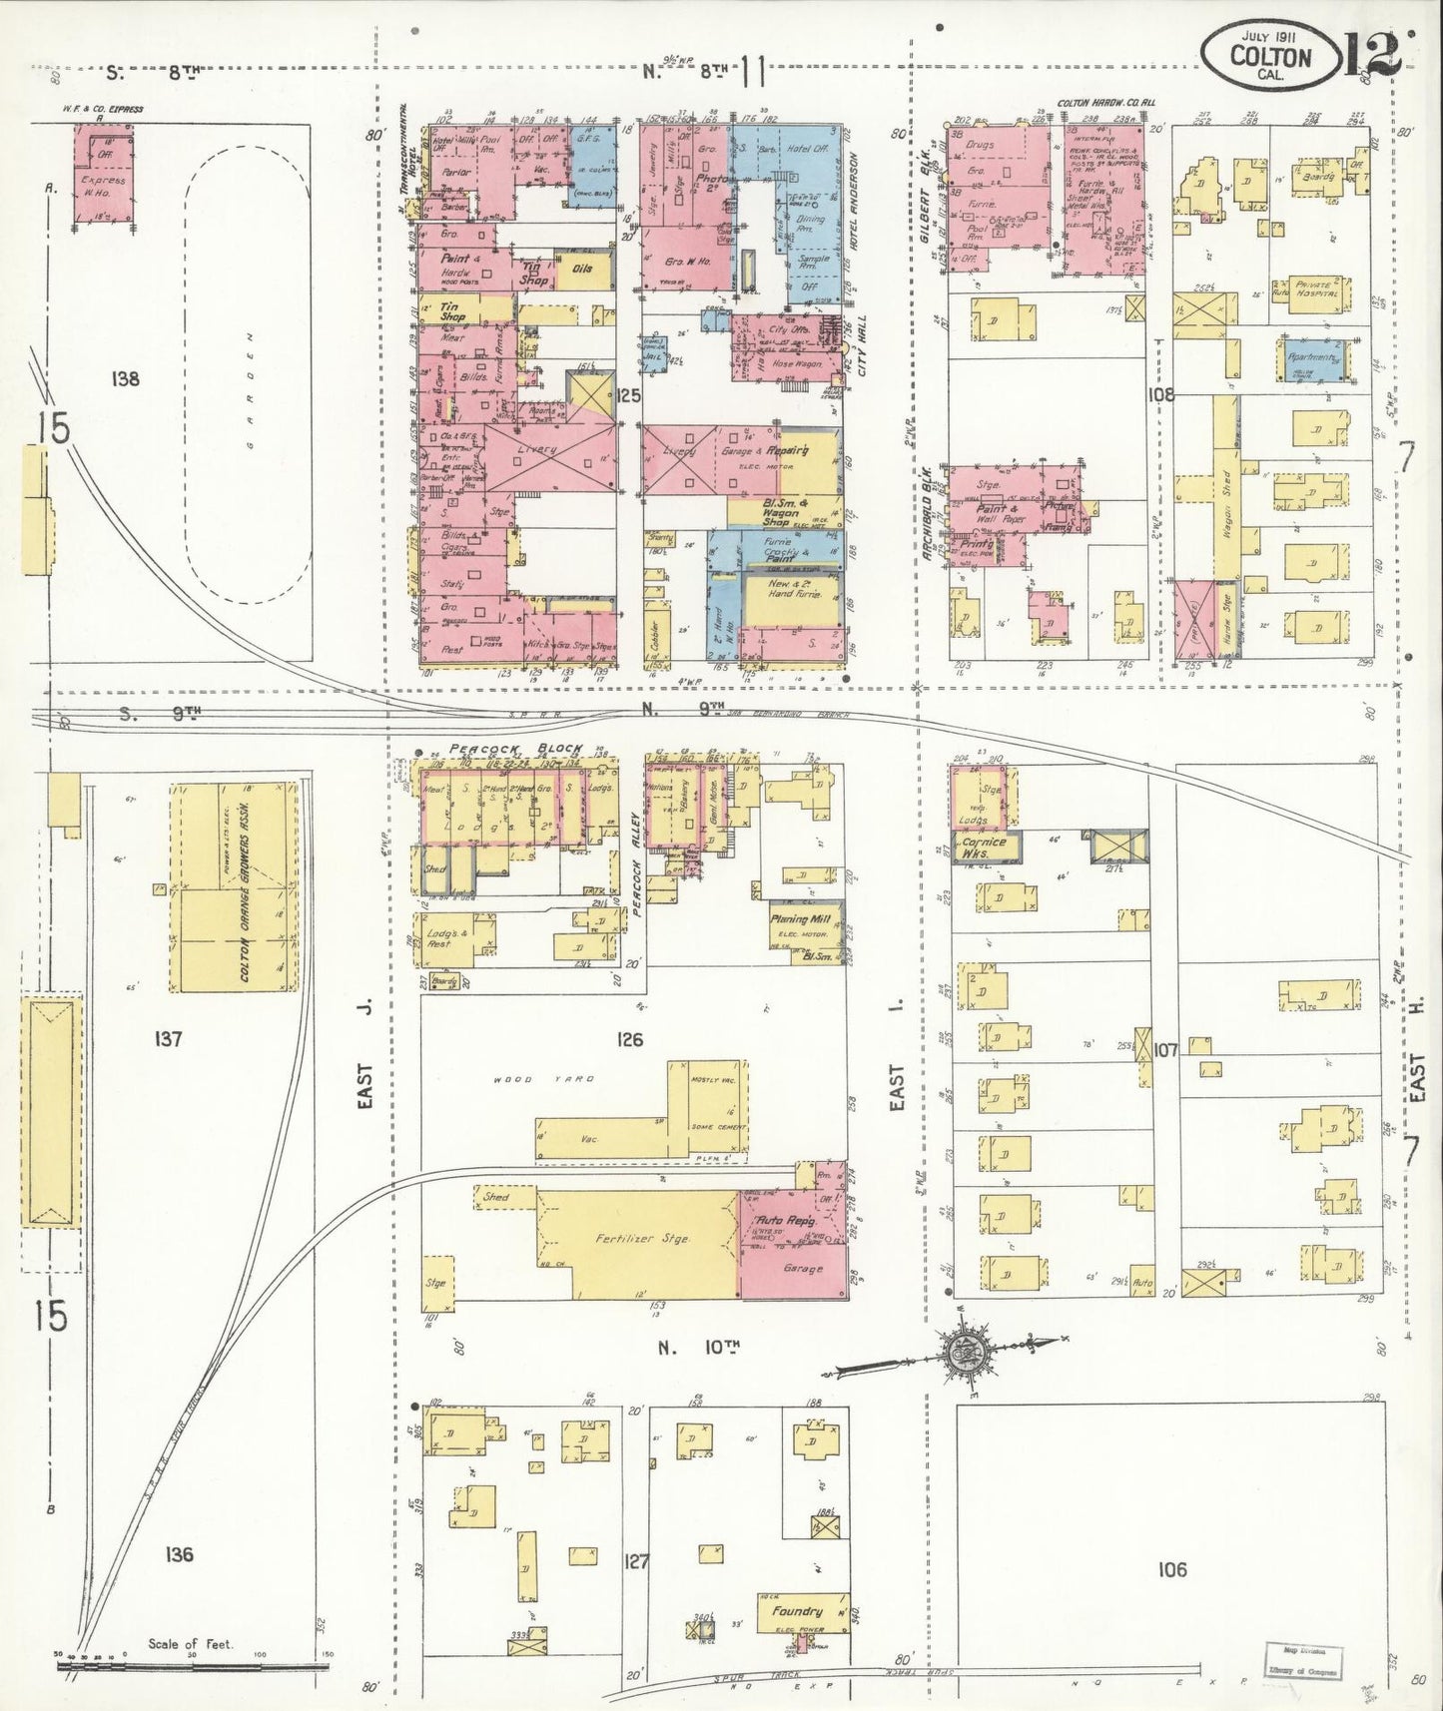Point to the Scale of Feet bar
(190, 1665)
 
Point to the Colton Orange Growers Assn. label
(244, 886)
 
